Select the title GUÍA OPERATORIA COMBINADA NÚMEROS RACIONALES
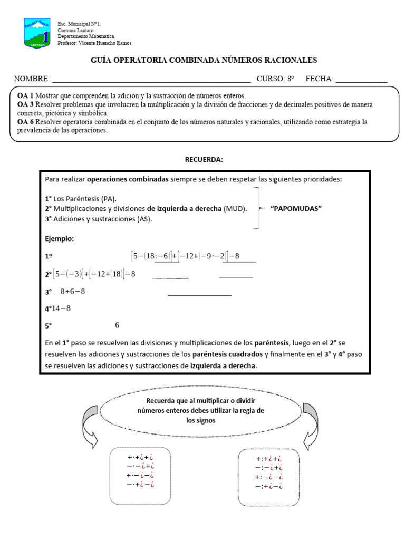click(204, 61)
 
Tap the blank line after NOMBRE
click(151, 79)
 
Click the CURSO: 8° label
click(275, 79)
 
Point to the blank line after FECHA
click(361, 79)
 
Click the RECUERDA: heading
click(204, 160)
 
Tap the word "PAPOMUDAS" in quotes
click(296, 208)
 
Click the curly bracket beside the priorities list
click(257, 208)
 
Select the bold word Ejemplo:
click(60, 239)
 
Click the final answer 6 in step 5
click(117, 325)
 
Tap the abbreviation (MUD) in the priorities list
click(235, 208)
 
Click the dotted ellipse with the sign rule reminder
click(204, 410)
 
